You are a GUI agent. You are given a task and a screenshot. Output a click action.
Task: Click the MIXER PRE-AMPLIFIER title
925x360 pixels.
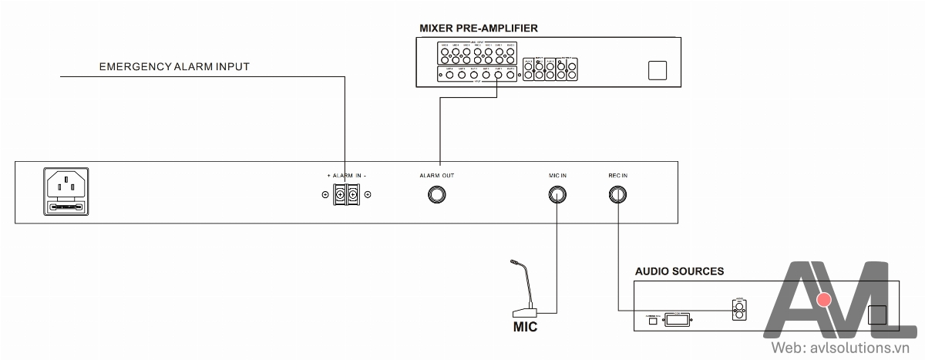pos(478,29)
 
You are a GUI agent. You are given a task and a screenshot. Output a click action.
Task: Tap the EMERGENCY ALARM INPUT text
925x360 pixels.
pos(174,67)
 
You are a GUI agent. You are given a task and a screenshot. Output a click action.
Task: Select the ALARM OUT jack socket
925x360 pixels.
pos(437,194)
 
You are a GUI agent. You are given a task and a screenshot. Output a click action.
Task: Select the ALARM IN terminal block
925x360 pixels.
pos(347,194)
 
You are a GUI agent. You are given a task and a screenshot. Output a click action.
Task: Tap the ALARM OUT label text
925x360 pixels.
pos(437,176)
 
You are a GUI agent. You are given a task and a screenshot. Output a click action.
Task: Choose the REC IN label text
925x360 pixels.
pos(617,176)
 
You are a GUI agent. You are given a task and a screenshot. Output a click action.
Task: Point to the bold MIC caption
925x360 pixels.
pos(525,328)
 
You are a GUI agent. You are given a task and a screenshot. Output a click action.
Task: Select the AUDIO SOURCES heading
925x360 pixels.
pos(679,271)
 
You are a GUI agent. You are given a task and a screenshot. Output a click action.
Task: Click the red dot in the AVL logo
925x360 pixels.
pos(824,299)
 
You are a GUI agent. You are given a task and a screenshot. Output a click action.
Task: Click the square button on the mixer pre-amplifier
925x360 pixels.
pos(657,70)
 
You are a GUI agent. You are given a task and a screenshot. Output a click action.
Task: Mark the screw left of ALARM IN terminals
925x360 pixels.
pos(325,194)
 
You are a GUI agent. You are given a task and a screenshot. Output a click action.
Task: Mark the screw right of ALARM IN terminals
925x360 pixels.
pos(368,194)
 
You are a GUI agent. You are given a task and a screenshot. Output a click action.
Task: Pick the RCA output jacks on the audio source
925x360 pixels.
pos(738,310)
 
